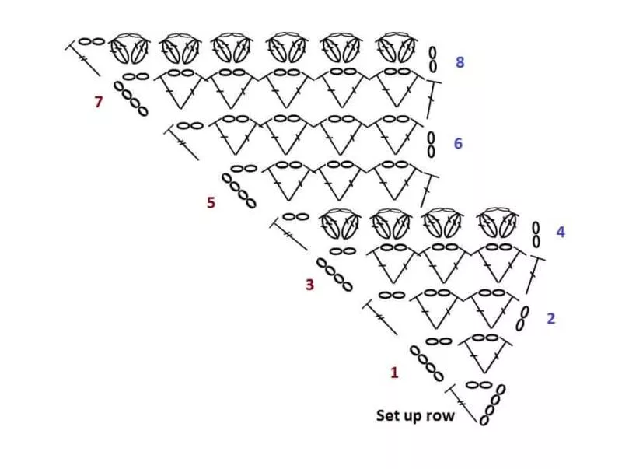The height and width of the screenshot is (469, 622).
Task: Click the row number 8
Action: pyautogui.click(x=460, y=62)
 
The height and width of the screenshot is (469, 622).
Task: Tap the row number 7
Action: pyautogui.click(x=99, y=102)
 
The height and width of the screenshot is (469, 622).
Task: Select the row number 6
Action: pyautogui.click(x=458, y=143)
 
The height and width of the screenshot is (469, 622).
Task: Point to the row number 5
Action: pyautogui.click(x=211, y=203)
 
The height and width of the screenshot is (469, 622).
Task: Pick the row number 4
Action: pyautogui.click(x=561, y=232)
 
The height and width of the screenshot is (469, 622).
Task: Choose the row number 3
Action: pyautogui.click(x=309, y=285)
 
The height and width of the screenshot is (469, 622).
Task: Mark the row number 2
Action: pyautogui.click(x=551, y=318)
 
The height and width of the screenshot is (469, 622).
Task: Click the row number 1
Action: pyautogui.click(x=394, y=373)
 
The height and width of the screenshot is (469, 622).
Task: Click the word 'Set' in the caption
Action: pyautogui.click(x=386, y=415)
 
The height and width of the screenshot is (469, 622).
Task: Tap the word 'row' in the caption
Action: pyautogui.click(x=441, y=417)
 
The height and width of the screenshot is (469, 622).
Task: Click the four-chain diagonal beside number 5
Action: pyautogui.click(x=239, y=191)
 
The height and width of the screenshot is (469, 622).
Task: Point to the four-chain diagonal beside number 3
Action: pyautogui.click(x=334, y=275)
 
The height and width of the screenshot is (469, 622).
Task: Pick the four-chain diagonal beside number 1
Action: pyautogui.click(x=426, y=363)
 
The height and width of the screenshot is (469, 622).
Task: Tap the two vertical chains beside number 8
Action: pyautogui.click(x=433, y=60)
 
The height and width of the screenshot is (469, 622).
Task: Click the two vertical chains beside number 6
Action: pyautogui.click(x=432, y=145)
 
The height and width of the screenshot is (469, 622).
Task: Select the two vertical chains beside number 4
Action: pyautogui.click(x=536, y=235)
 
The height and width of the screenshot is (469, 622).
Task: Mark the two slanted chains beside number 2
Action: pyautogui.click(x=522, y=318)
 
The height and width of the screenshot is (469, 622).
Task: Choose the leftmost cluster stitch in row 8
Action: pyautogui.click(x=129, y=48)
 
